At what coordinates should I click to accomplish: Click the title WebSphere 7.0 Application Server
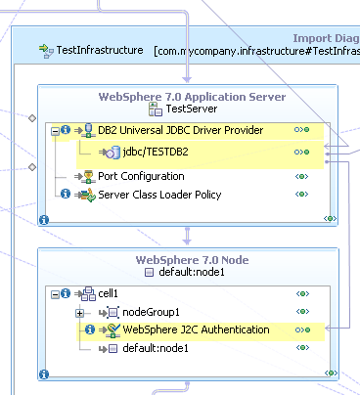tap(192, 97)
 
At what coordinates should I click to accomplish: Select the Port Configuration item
tap(141, 176)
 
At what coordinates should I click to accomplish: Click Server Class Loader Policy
tap(159, 195)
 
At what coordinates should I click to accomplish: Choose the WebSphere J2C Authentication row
tap(195, 329)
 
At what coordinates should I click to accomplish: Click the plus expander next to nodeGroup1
tap(80, 312)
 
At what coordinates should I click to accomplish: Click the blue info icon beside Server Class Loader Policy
tap(65, 195)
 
